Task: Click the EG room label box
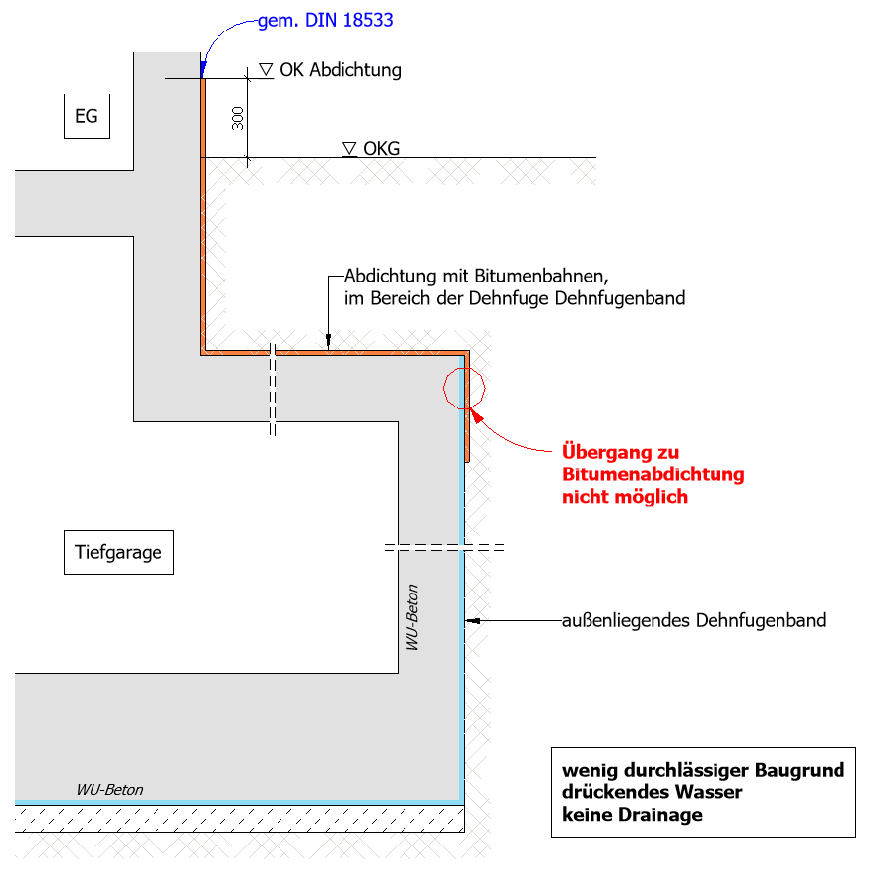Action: [x=87, y=116]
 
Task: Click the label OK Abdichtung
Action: [x=341, y=70]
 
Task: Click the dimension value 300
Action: [x=237, y=119]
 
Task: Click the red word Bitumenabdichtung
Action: [x=653, y=474]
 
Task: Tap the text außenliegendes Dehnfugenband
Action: [x=694, y=621]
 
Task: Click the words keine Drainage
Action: [x=632, y=814]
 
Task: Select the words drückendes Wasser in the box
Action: [x=652, y=791]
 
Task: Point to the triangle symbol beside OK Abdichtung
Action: [x=266, y=69]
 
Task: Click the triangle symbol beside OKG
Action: [x=349, y=148]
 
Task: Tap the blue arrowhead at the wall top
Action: [x=201, y=70]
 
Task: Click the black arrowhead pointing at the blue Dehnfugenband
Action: [x=472, y=621]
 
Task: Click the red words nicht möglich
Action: [x=624, y=497]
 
